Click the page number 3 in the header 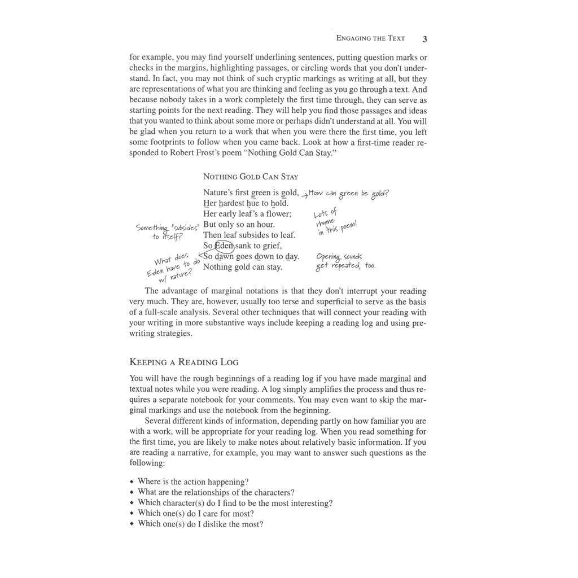(424, 39)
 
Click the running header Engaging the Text (370, 38)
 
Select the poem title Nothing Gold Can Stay (251, 177)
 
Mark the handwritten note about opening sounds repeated (345, 261)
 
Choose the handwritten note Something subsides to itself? (167, 231)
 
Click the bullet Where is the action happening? (193, 482)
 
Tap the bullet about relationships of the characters (216, 492)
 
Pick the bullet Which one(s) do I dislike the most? (200, 524)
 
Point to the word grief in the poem (270, 246)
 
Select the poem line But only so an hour (239, 225)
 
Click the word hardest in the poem (231, 203)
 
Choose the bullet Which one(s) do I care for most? (195, 514)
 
